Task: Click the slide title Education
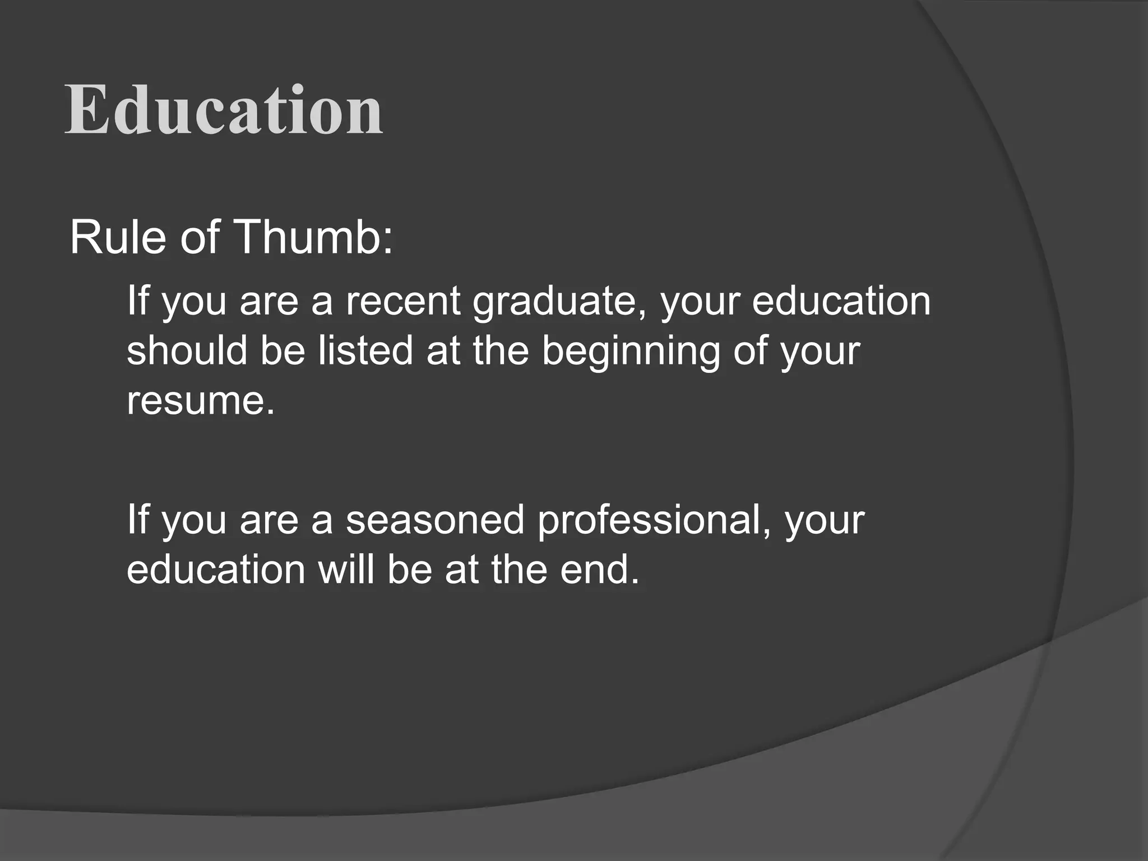point(224,110)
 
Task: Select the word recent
point(402,301)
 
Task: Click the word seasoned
point(435,520)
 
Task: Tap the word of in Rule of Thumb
point(199,238)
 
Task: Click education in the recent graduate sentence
point(841,301)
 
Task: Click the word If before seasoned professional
point(136,520)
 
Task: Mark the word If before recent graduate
point(136,301)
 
